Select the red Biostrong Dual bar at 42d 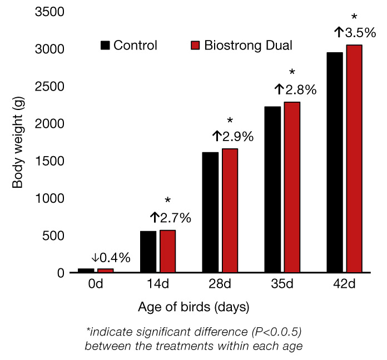(x=354, y=159)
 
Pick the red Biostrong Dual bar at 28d (x=230, y=211)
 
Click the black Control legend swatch (x=106, y=45)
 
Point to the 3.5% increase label (x=355, y=33)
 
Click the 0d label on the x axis (x=95, y=284)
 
